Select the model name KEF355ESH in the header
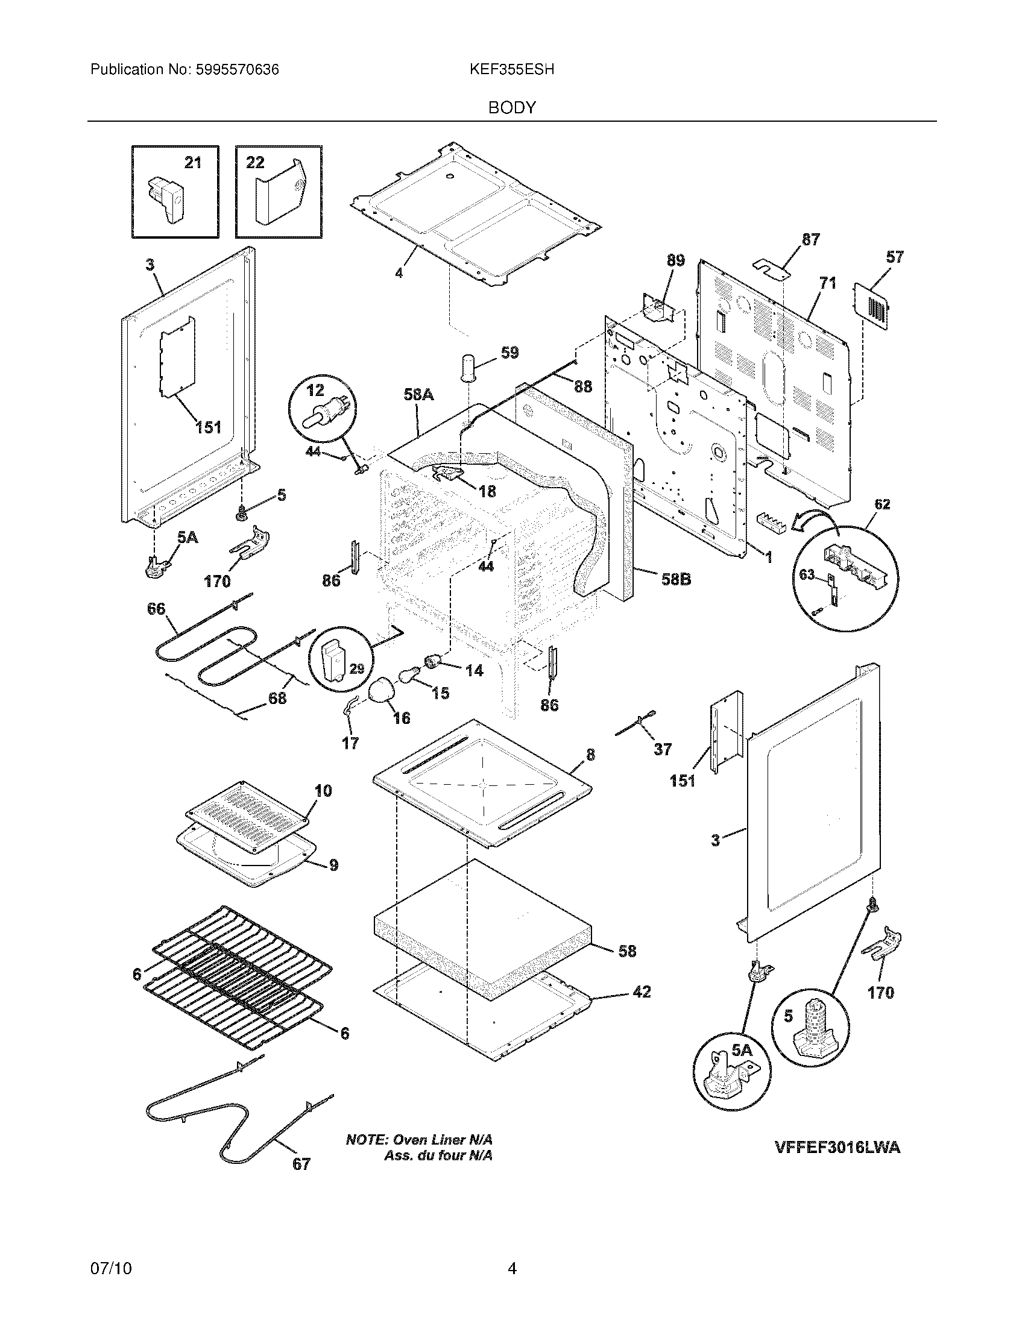[x=511, y=70]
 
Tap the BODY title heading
[x=512, y=108]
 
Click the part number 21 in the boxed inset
[x=192, y=163]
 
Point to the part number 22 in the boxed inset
[x=255, y=163]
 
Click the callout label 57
[x=894, y=257]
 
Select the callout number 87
[x=810, y=240]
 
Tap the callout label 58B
[x=676, y=579]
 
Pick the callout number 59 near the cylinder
[x=509, y=353]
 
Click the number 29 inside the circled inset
[x=357, y=669]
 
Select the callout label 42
[x=642, y=992]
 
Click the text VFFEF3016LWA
[x=837, y=1148]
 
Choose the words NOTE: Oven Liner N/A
[x=419, y=1140]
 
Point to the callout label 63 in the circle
[x=806, y=574]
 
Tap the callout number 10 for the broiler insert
[x=323, y=791]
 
